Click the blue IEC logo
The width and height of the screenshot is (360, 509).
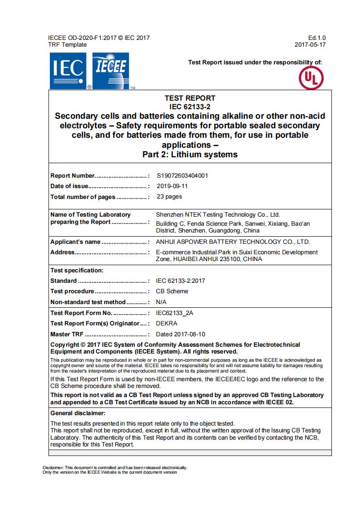click(68, 70)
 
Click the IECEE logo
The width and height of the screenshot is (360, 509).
click(111, 70)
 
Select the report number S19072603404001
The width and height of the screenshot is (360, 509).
click(182, 175)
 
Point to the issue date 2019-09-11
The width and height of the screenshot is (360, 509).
click(172, 186)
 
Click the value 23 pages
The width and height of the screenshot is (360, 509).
click(169, 197)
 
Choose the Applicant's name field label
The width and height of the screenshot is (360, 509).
click(75, 242)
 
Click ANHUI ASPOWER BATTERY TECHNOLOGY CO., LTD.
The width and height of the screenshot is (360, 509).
click(233, 242)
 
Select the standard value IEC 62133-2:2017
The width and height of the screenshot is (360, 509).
click(180, 281)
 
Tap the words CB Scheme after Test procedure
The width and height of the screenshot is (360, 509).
click(172, 291)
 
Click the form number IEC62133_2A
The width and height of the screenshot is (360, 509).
click(177, 313)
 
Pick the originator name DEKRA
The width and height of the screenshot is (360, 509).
click(166, 324)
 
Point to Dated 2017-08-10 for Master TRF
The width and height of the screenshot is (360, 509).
click(180, 334)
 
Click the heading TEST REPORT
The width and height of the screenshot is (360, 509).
click(190, 98)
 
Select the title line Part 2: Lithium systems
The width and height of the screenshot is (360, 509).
click(190, 155)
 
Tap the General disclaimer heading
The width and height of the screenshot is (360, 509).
click(78, 413)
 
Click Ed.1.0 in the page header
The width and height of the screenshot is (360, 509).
click(316, 38)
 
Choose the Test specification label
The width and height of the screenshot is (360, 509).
click(77, 270)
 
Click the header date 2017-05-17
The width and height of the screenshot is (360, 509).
click(310, 45)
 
